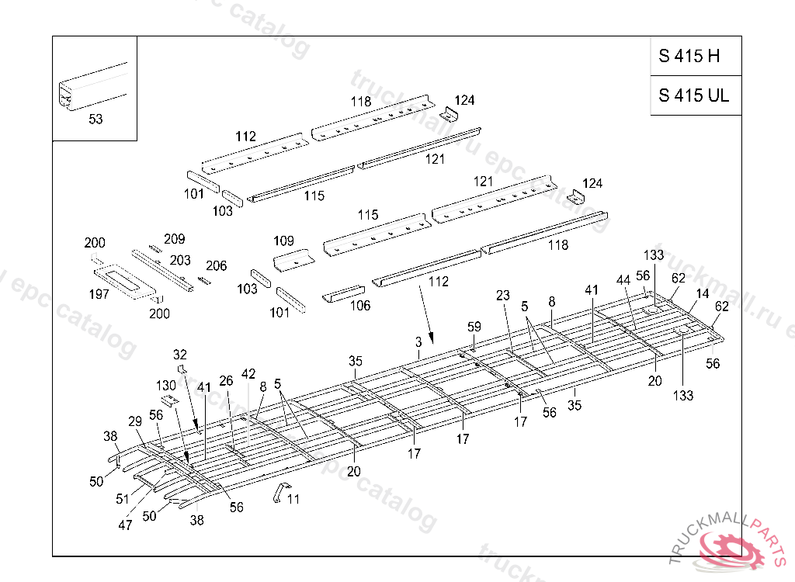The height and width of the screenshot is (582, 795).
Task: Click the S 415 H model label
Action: [689, 56]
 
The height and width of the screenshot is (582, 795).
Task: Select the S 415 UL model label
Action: [694, 95]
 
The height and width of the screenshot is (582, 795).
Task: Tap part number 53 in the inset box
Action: [95, 120]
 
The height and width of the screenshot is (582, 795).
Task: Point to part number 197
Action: [99, 294]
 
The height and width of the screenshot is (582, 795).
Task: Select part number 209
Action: [174, 239]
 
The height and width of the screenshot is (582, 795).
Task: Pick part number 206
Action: [216, 266]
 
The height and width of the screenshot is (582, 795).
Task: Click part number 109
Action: [283, 241]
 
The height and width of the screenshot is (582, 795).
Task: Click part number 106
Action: [359, 306]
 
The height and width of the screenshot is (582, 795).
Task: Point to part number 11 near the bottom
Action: [293, 500]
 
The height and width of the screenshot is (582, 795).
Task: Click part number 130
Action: [166, 386]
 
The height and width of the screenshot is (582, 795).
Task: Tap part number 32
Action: [180, 355]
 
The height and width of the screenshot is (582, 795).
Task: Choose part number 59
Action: [474, 327]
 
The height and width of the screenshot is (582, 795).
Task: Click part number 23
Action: [503, 296]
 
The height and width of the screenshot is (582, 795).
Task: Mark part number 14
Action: [702, 294]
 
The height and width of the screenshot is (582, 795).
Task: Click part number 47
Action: [125, 525]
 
